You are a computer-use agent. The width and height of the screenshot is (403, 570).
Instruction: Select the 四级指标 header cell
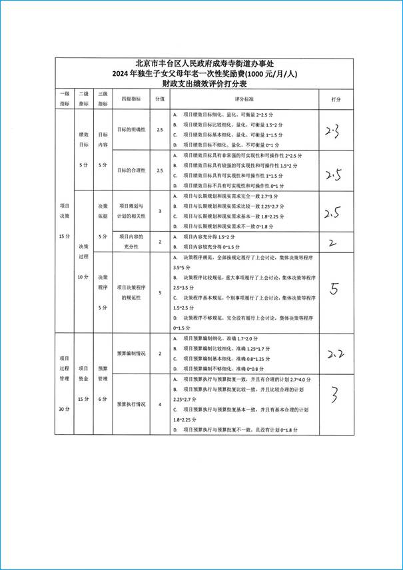pos(131,98)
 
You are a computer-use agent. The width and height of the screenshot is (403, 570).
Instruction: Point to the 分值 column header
pos(160,98)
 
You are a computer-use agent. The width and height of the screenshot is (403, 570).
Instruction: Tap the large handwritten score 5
pos(335,288)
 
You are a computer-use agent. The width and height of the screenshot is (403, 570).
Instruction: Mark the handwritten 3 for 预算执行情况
pos(335,396)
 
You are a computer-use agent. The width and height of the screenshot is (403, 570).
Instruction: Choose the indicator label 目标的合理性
pos(131,170)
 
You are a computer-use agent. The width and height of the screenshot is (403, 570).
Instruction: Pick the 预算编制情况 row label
pos(131,353)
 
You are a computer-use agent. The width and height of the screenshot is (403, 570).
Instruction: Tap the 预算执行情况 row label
pos(131,404)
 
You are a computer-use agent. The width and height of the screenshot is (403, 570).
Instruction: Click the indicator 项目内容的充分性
pos(131,242)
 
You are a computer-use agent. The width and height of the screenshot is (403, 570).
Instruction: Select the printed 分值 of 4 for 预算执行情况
pos(160,404)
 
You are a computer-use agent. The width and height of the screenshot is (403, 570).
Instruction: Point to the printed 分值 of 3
pos(160,211)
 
